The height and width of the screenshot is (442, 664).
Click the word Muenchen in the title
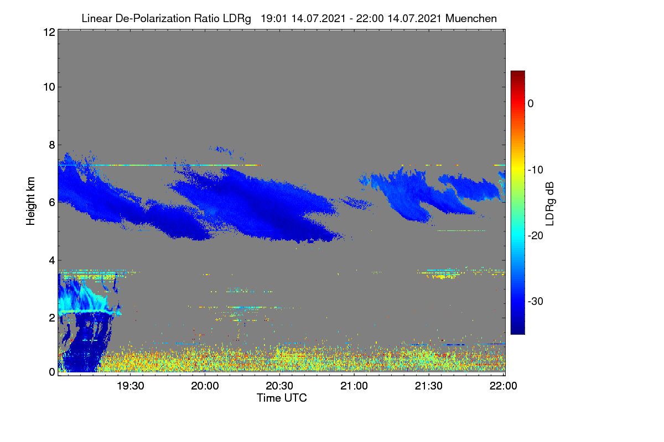(471, 18)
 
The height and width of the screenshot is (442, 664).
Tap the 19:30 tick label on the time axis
(130, 386)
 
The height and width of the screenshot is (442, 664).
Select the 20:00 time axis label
(205, 386)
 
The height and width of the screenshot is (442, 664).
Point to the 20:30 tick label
(279, 386)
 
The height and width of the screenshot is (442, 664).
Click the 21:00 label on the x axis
(354, 386)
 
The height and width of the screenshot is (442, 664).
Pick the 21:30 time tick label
(429, 386)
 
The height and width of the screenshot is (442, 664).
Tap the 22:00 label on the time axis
(503, 386)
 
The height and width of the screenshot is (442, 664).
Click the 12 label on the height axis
(49, 32)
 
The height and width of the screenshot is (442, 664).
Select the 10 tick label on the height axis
(49, 87)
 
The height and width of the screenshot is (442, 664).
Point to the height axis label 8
(52, 145)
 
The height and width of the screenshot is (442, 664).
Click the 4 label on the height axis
(52, 261)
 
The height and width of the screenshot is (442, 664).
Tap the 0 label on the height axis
(52, 372)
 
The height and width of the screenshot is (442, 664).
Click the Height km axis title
(30, 201)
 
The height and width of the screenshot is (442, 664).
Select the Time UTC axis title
(282, 398)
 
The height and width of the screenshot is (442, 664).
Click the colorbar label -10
(536, 170)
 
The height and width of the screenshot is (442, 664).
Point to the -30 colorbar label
(536, 301)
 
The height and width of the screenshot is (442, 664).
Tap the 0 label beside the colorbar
(531, 104)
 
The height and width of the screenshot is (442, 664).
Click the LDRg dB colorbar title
(550, 204)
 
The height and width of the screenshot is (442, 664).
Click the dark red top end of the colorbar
(517, 73)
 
